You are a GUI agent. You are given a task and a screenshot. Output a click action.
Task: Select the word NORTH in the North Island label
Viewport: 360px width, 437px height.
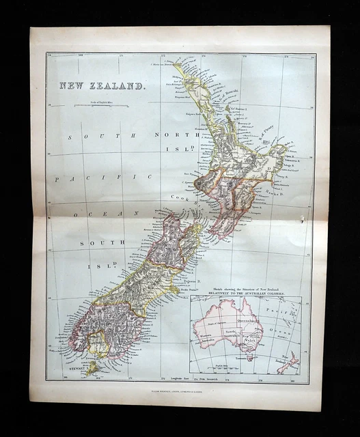(x=167, y=135)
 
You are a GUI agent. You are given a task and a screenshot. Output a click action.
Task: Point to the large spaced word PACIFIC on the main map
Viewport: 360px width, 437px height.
(x=103, y=178)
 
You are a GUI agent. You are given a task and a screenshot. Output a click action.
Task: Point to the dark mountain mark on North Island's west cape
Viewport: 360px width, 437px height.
(x=199, y=183)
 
